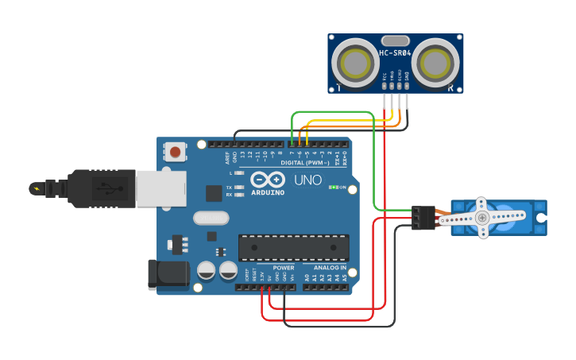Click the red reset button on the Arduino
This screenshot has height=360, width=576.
pos(175,151)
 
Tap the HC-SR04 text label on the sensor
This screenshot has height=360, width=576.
pos(395,53)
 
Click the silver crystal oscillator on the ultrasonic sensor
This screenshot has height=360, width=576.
pos(395,40)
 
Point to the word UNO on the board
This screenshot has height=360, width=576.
pos(307,180)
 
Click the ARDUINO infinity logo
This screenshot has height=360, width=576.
pos(267,180)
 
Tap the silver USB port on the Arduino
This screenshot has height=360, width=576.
pos(160,189)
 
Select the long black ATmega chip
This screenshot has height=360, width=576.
pos(293,247)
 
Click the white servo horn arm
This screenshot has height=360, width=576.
pos(491,215)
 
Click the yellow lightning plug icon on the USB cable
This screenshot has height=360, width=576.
pos(37,188)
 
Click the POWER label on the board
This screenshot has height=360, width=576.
pos(284,268)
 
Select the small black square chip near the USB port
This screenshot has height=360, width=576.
pos(214,193)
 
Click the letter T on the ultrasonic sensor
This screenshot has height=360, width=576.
pos(340,87)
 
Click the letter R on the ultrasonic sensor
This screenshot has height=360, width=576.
pos(450,87)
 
